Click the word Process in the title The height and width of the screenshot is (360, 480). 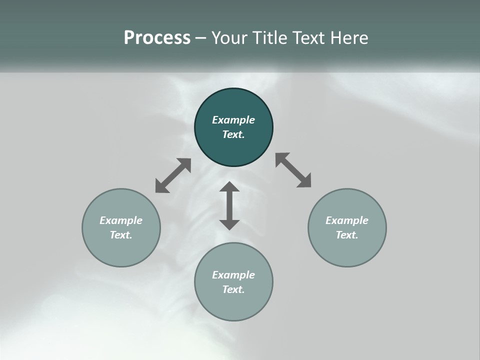point(157,38)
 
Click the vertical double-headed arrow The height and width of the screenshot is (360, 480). point(229,205)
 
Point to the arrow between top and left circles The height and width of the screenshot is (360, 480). point(173,175)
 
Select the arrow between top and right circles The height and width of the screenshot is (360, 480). point(293,170)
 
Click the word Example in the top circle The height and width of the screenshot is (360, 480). point(233,120)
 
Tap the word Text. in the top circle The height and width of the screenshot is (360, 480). point(233,134)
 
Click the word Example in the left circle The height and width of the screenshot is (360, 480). point(121,220)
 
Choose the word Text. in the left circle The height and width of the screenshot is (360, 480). point(121,235)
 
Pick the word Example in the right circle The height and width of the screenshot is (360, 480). point(347,220)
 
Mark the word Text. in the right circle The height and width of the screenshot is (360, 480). point(347,235)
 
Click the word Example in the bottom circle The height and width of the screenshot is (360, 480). point(233,275)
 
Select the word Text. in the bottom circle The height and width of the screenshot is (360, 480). point(233,289)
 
